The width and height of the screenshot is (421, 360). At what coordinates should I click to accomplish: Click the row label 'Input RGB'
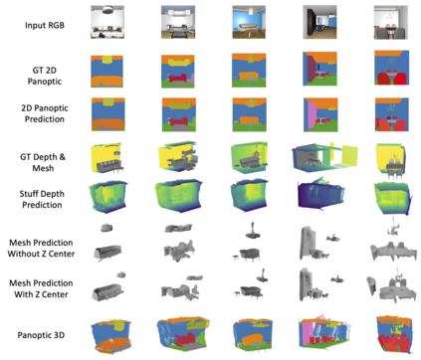[x=45, y=25]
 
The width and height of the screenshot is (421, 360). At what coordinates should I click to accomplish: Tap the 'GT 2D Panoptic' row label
[x=45, y=76]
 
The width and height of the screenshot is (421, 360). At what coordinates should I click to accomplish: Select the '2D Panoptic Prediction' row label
[x=45, y=113]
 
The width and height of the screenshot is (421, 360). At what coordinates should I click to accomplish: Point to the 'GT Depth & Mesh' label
[x=43, y=162]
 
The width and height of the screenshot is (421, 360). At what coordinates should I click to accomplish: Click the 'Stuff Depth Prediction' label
[x=42, y=199]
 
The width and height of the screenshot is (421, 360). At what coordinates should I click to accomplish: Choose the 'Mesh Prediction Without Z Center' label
[x=41, y=248]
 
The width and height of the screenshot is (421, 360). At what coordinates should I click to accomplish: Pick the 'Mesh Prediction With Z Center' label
[x=41, y=288]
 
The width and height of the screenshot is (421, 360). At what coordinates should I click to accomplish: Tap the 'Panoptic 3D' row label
[x=41, y=335]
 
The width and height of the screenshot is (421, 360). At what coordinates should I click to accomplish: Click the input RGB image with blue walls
[x=249, y=22]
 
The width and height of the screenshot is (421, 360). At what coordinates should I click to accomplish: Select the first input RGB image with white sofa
[x=107, y=22]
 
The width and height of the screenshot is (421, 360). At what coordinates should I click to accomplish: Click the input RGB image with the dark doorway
[x=319, y=22]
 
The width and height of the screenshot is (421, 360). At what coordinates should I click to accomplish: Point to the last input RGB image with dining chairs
[x=391, y=22]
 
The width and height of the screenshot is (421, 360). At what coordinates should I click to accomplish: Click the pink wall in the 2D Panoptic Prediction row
[x=313, y=116]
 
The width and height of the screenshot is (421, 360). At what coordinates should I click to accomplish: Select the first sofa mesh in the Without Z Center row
[x=107, y=253]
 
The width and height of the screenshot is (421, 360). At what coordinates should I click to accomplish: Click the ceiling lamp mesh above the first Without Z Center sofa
[x=106, y=228]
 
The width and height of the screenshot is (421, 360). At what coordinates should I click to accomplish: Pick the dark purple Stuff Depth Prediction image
[x=320, y=194]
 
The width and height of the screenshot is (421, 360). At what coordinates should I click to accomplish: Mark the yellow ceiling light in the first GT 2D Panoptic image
[x=107, y=60]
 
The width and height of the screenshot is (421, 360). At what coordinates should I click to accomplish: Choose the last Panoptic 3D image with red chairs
[x=395, y=335]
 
